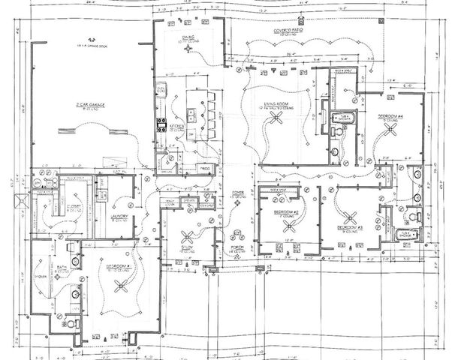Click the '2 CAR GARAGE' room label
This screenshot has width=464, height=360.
click(89, 104)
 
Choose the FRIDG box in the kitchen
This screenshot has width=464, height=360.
click(205, 169)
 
